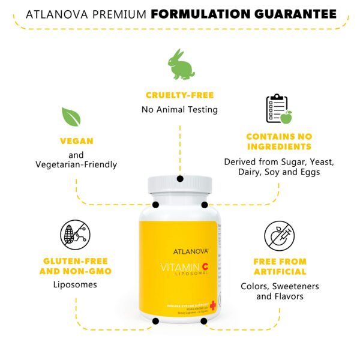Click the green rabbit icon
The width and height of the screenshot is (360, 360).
180,64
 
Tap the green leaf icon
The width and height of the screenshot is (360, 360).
71,116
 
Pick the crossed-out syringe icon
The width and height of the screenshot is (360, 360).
279,235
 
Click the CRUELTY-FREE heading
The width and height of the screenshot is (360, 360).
179,95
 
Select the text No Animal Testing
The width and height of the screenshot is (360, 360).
179,109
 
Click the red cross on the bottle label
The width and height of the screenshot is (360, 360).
213,305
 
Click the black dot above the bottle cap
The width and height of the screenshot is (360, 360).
179,178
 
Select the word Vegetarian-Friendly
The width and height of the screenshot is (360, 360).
76,164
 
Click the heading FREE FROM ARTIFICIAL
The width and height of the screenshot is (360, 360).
280,267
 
